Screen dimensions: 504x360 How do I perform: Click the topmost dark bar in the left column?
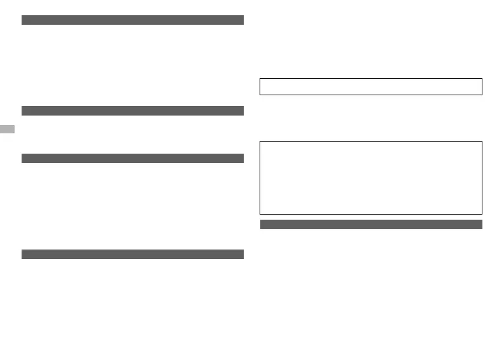tap(133, 20)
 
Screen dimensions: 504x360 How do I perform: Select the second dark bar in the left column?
tap(133, 110)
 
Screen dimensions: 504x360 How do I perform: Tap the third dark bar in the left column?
tap(133, 158)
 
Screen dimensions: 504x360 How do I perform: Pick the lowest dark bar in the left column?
tap(133, 254)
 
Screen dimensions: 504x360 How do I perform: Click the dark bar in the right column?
tap(371, 224)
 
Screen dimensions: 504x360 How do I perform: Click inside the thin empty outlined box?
tap(371, 86)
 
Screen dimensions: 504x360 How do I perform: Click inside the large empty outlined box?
tap(371, 177)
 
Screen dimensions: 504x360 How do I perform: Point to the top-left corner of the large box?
tap(260, 142)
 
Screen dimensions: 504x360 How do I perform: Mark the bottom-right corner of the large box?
tap(482, 213)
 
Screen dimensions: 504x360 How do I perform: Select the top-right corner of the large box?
tap(482, 142)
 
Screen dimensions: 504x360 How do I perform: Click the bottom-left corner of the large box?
tap(260, 213)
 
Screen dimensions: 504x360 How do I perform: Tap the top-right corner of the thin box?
tap(482, 79)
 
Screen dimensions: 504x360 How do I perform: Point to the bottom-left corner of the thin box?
tap(260, 95)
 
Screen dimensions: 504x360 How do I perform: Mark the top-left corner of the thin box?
tap(260, 79)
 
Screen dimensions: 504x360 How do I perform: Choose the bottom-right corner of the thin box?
tap(482, 95)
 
